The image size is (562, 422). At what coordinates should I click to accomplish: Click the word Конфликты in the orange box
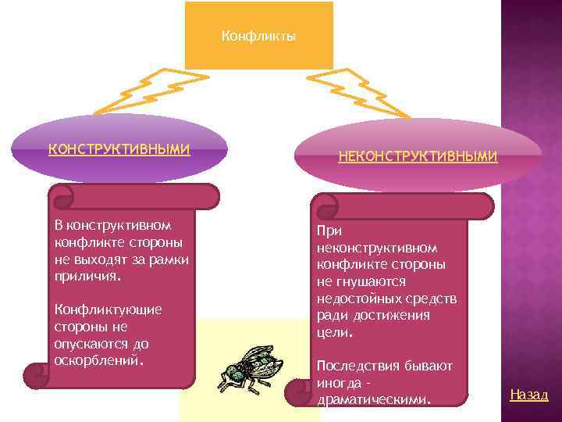click(x=258, y=36)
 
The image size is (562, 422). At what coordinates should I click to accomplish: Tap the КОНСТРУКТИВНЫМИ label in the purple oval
click(x=119, y=149)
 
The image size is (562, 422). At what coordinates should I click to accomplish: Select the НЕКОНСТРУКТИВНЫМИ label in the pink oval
click(x=418, y=156)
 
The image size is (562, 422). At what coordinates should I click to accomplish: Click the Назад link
click(x=529, y=395)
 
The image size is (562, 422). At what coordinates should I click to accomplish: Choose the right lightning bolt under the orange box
click(x=360, y=90)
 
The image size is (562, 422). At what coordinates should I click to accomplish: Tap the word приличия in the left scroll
click(x=87, y=276)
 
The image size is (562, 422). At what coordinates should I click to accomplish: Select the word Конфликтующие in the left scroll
click(x=108, y=309)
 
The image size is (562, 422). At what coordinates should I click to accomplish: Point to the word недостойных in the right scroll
click(x=357, y=299)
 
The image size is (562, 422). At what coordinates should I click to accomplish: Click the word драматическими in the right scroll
click(x=372, y=400)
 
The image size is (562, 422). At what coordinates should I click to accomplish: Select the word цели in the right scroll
click(x=333, y=333)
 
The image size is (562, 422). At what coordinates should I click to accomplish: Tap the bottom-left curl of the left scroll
click(x=36, y=376)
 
